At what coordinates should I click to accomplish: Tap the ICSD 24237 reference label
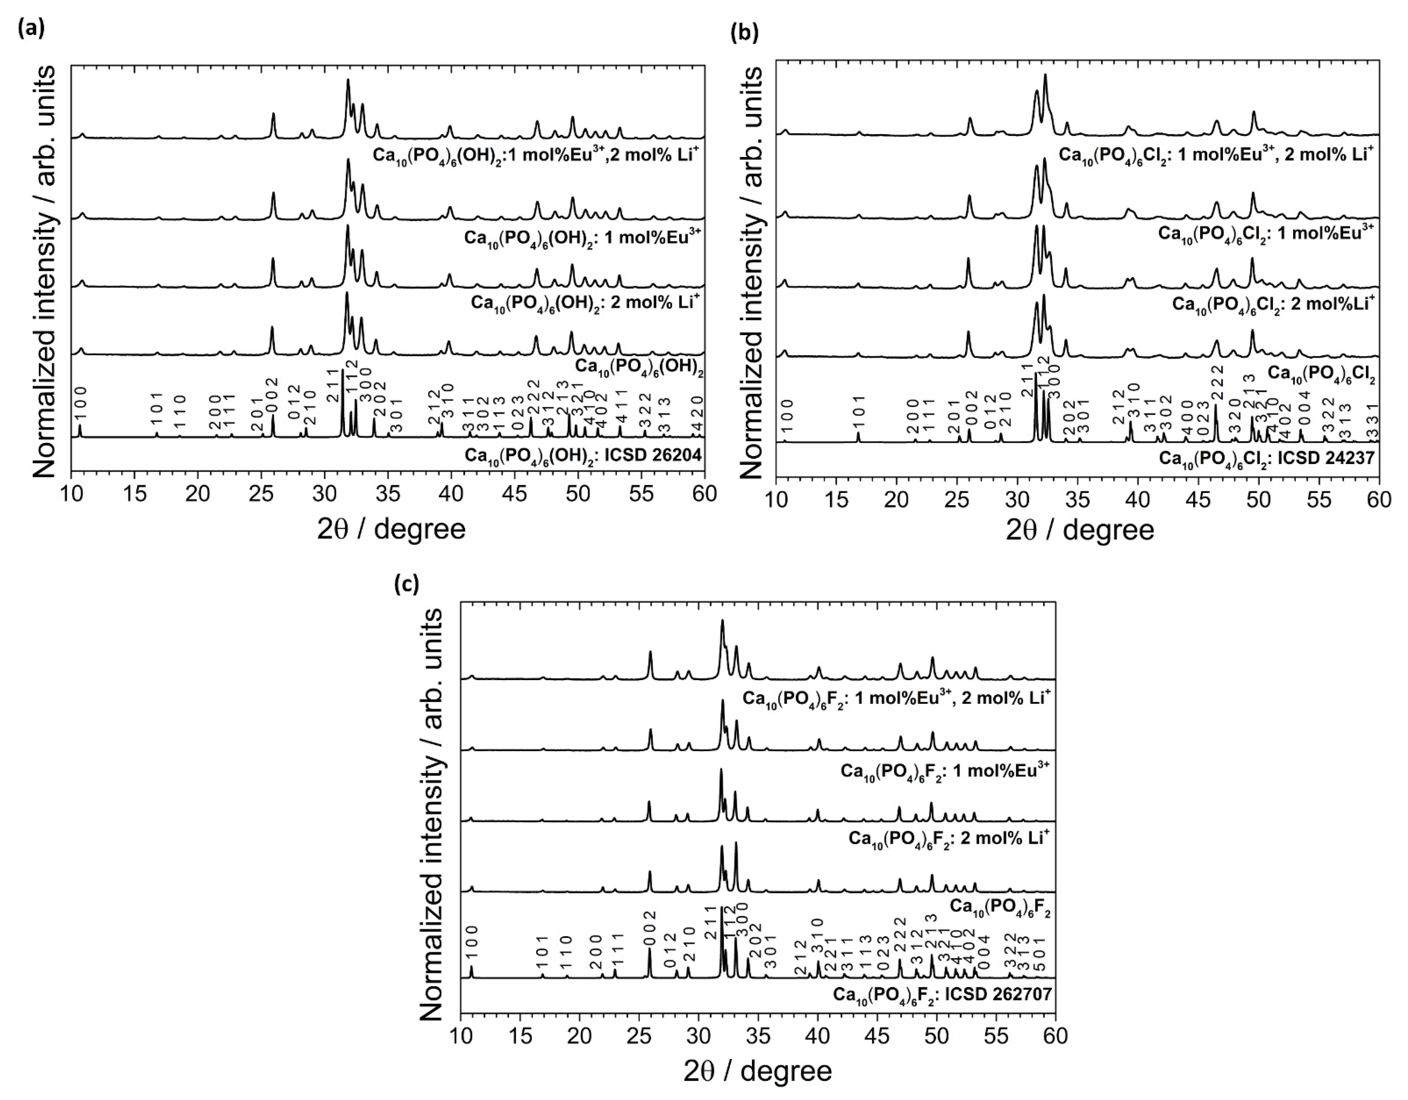point(1267,458)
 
